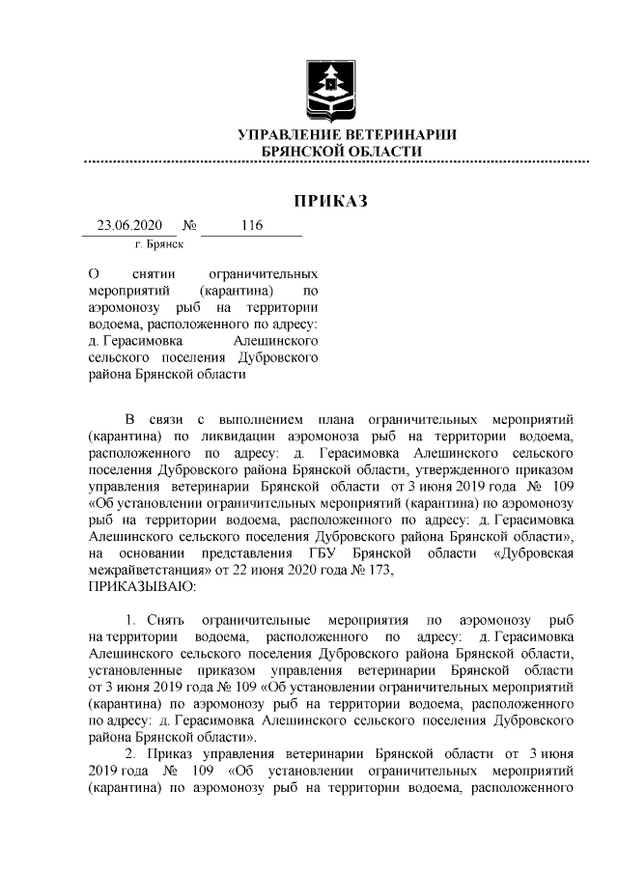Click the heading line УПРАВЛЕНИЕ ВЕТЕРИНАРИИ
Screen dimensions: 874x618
click(348, 134)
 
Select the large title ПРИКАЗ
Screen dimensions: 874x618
click(331, 202)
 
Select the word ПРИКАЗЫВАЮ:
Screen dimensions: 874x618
click(142, 585)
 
